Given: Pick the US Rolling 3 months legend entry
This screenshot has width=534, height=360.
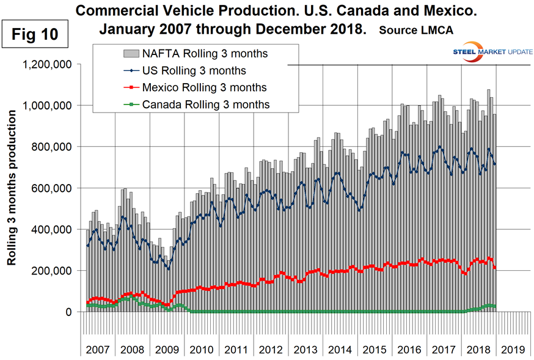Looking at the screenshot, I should [194, 71].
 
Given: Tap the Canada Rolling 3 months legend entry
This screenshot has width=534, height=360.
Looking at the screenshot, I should [205, 105].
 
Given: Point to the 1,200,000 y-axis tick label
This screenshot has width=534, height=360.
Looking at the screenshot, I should [46, 64].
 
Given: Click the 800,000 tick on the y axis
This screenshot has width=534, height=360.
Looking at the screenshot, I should [53, 147].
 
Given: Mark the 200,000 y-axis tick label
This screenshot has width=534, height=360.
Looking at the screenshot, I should [53, 271].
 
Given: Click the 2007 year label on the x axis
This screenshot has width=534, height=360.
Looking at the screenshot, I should [98, 351].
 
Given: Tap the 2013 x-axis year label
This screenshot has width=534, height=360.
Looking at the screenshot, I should [305, 351].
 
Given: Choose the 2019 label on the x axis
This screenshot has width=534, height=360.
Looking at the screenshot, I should [512, 351].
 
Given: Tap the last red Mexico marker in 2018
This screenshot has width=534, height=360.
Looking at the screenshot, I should [494, 268].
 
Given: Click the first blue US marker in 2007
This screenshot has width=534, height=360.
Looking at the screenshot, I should [87, 246].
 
